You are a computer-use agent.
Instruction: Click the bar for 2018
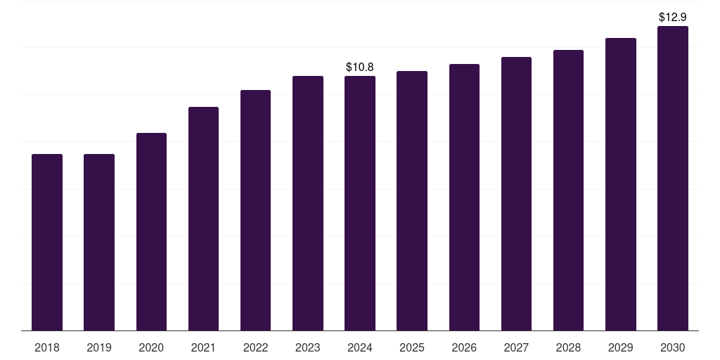[47, 242]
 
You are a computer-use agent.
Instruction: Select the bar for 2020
[151, 231]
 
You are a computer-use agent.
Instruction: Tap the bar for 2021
[203, 219]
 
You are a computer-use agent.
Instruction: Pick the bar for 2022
[255, 210]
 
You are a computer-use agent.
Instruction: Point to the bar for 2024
[360, 203]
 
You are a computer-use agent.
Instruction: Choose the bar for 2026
[464, 197]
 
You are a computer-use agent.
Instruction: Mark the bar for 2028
[568, 190]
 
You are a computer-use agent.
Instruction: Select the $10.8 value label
[360, 67]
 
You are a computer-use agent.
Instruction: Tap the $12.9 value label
[673, 16]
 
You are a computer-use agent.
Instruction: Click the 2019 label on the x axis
[99, 347]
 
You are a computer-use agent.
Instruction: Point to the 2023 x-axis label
[308, 347]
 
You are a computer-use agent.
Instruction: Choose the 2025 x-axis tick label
[412, 347]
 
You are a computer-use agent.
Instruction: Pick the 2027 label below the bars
[516, 347]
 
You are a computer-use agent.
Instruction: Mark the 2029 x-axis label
[621, 347]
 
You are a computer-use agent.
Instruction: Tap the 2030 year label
[673, 347]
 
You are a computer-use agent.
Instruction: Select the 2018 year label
[47, 347]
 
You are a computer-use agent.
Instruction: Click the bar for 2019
[99, 242]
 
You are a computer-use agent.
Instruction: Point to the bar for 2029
[621, 184]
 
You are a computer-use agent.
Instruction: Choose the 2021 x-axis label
[203, 347]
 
